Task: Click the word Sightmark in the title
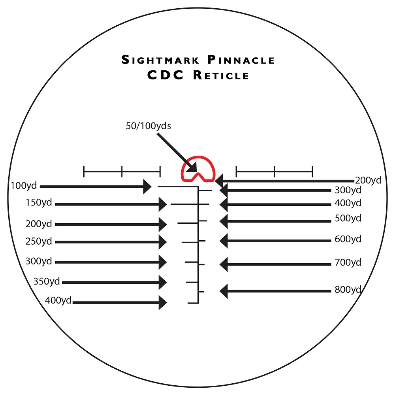click(x=160, y=60)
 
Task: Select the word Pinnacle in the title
click(x=241, y=60)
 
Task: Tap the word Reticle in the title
click(x=221, y=75)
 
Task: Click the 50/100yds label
click(x=149, y=126)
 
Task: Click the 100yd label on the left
click(x=24, y=185)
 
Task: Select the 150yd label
click(x=39, y=202)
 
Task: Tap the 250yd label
click(x=39, y=241)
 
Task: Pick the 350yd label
click(x=46, y=281)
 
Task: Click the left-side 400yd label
click(x=58, y=300)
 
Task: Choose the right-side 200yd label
click(x=368, y=180)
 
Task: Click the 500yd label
click(x=348, y=218)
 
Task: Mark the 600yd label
click(x=348, y=239)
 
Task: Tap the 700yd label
click(x=348, y=262)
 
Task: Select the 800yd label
click(x=348, y=289)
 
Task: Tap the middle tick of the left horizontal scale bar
click(x=122, y=172)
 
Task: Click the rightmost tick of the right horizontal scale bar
click(x=312, y=172)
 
